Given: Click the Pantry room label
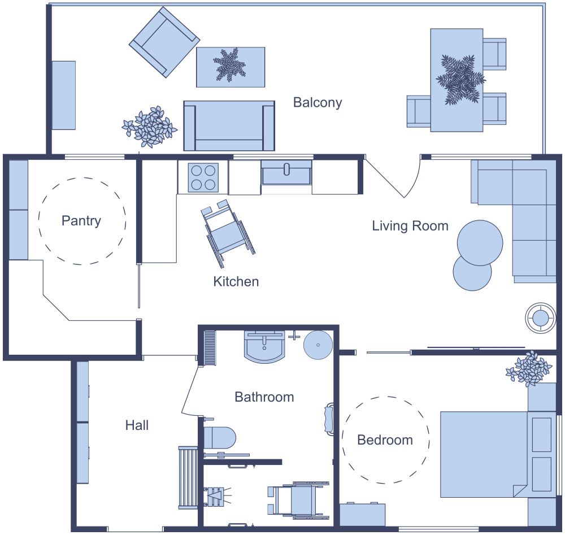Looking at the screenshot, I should point(81,220).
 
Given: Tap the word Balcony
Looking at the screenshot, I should point(318,102).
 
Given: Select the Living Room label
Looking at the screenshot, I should point(410,226).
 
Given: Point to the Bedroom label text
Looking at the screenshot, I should point(385,440).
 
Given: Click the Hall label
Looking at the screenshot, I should point(137,425).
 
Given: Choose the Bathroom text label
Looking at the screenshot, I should point(264,397).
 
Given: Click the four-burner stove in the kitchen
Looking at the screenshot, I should point(203,177).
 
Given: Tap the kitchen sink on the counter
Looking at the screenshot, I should point(286,172).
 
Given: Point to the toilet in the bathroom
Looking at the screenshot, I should point(219,438).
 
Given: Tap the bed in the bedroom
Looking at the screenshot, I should point(486,454).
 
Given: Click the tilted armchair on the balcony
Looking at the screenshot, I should point(164,42).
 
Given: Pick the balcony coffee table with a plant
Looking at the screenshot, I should point(231,67).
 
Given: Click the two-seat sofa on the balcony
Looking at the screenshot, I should point(229,125).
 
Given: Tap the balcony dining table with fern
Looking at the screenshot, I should point(457,80).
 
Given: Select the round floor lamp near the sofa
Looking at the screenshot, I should point(540,318).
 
